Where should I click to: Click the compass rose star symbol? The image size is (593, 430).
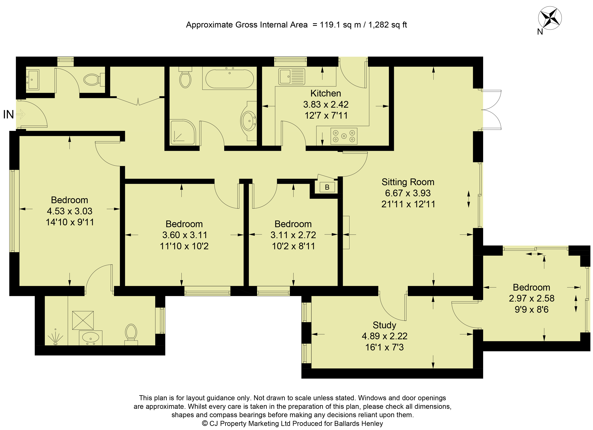click(x=550, y=18)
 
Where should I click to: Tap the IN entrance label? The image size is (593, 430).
click(x=8, y=114)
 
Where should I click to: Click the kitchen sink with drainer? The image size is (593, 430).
click(x=291, y=76)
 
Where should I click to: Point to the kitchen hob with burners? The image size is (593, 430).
click(x=344, y=136)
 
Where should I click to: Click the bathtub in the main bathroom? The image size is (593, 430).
click(x=230, y=78)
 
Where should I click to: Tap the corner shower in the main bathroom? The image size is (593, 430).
click(x=183, y=132)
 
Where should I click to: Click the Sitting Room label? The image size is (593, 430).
click(x=408, y=182)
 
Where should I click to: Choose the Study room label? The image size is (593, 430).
click(x=384, y=325)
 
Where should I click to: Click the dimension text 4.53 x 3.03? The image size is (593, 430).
click(x=70, y=211)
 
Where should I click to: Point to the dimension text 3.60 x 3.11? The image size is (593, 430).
click(x=185, y=235)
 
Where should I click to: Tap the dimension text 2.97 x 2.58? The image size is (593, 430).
click(x=531, y=298)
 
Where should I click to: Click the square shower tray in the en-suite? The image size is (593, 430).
click(x=83, y=320)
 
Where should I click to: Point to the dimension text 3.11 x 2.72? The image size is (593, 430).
click(x=293, y=235)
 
